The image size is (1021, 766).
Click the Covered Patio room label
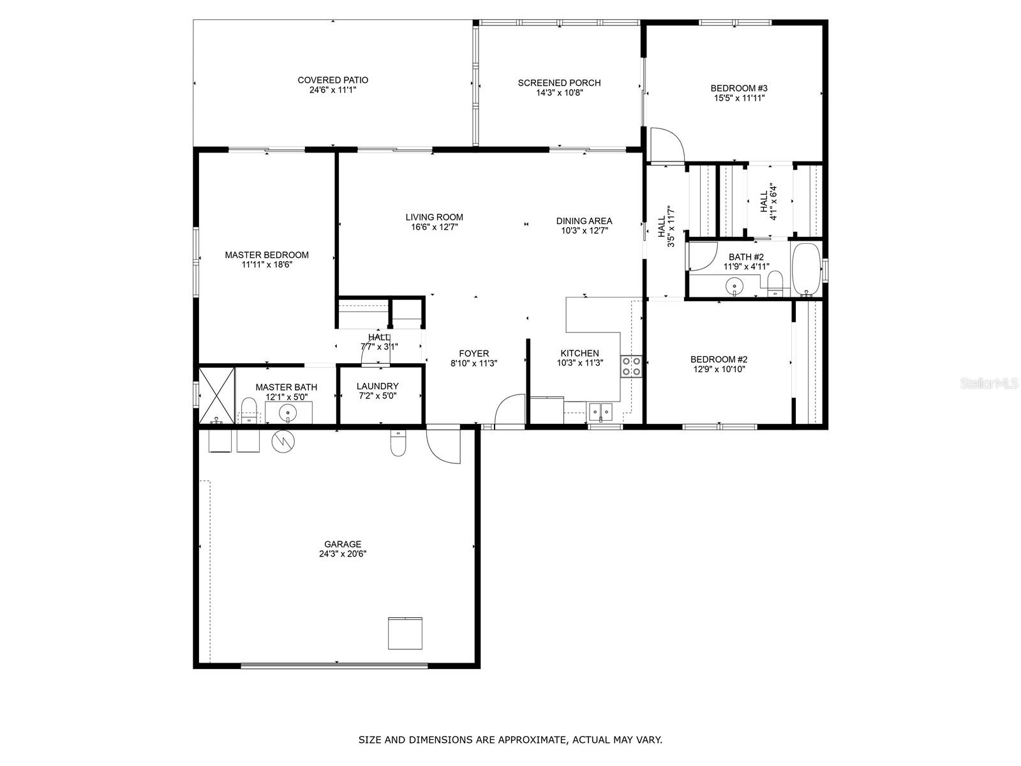[332, 80]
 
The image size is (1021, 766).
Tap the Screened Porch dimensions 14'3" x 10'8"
[559, 93]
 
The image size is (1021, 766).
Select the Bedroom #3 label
[739, 88]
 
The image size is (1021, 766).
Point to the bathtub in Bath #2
[807, 269]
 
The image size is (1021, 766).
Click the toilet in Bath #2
[775, 283]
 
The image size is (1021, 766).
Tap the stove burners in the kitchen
[631, 366]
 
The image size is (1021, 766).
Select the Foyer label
[473, 354]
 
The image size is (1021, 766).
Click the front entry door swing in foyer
[509, 410]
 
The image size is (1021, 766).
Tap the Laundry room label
[377, 386]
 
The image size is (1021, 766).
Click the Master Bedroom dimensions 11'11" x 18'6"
[267, 265]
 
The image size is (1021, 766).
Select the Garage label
[343, 544]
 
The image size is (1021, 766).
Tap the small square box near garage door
[405, 633]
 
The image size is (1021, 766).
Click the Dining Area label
[583, 221]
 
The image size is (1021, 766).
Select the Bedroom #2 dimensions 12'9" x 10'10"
[719, 370]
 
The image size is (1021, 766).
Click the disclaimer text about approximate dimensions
[510, 740]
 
